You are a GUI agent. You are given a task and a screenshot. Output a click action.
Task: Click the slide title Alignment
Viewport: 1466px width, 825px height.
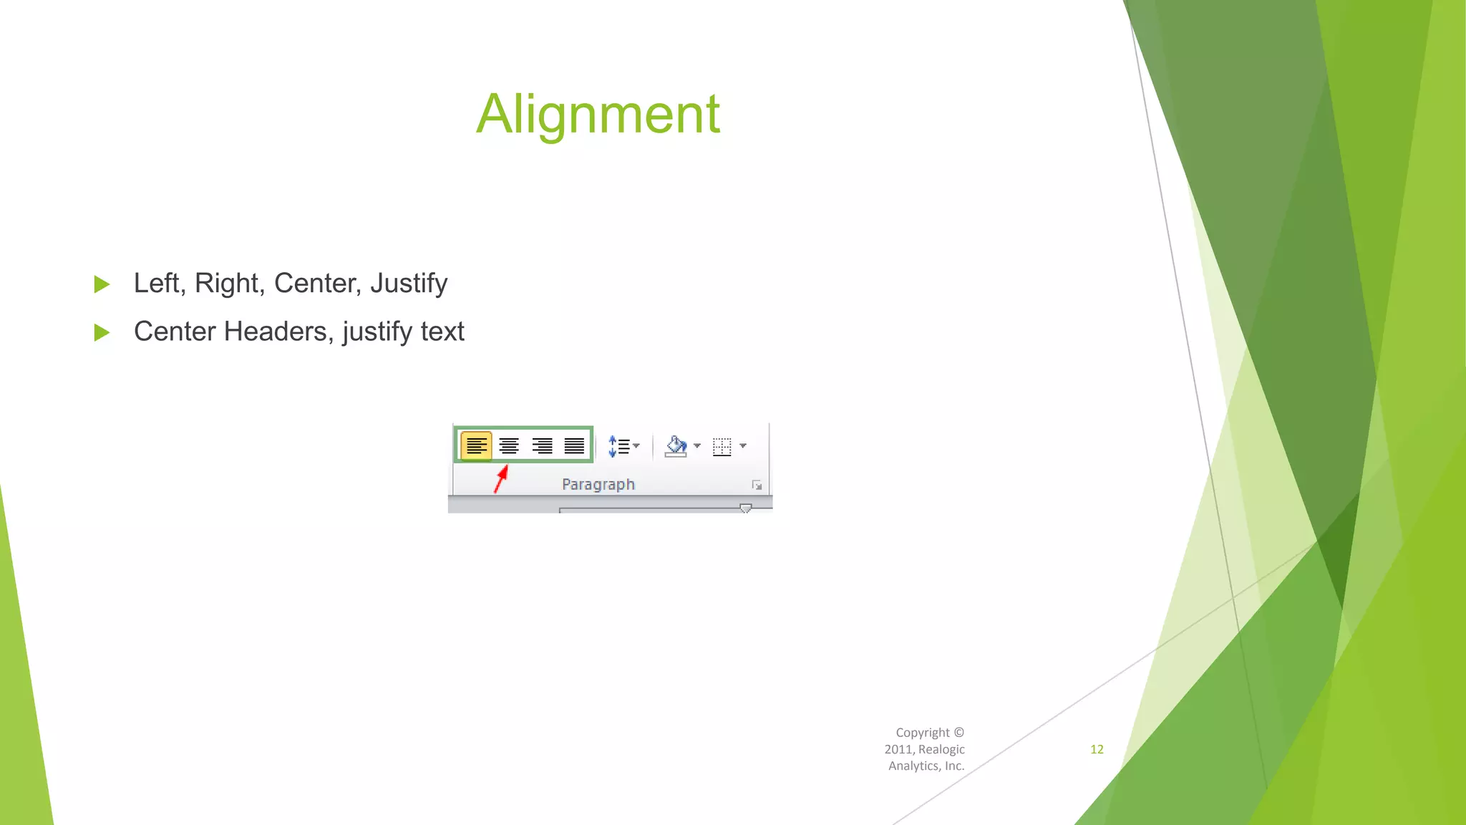(598, 115)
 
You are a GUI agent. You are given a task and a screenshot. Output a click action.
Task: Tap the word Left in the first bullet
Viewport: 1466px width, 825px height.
(155, 284)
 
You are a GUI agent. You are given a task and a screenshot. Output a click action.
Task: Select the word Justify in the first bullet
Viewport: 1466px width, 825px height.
(409, 284)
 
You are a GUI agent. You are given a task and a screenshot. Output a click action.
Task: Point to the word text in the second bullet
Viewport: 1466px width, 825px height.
(442, 332)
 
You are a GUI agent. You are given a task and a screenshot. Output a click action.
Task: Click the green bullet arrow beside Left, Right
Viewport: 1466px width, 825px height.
(102, 284)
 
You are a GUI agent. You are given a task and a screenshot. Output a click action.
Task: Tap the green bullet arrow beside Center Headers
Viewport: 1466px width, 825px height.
(102, 332)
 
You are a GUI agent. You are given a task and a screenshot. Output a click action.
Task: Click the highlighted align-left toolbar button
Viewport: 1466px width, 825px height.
(476, 445)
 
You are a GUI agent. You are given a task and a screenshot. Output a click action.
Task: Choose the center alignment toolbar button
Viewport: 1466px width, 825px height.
(509, 445)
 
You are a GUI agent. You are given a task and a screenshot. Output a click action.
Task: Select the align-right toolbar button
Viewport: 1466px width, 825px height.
(542, 445)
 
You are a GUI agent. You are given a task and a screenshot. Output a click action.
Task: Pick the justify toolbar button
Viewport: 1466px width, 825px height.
(574, 445)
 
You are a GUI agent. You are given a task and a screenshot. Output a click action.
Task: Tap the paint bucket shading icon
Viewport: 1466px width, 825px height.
(676, 446)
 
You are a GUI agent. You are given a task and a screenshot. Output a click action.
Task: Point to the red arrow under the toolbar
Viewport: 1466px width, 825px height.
(500, 479)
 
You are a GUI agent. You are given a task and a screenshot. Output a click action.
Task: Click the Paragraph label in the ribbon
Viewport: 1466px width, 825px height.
(598, 485)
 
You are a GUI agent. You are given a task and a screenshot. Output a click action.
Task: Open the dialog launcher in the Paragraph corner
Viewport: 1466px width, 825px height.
(757, 486)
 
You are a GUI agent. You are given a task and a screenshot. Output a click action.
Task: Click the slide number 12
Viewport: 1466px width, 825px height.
(1097, 749)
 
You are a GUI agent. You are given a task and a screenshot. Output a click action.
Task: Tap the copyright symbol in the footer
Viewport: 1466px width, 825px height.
(959, 733)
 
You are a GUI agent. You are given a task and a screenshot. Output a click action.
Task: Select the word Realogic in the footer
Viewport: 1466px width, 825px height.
(941, 749)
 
